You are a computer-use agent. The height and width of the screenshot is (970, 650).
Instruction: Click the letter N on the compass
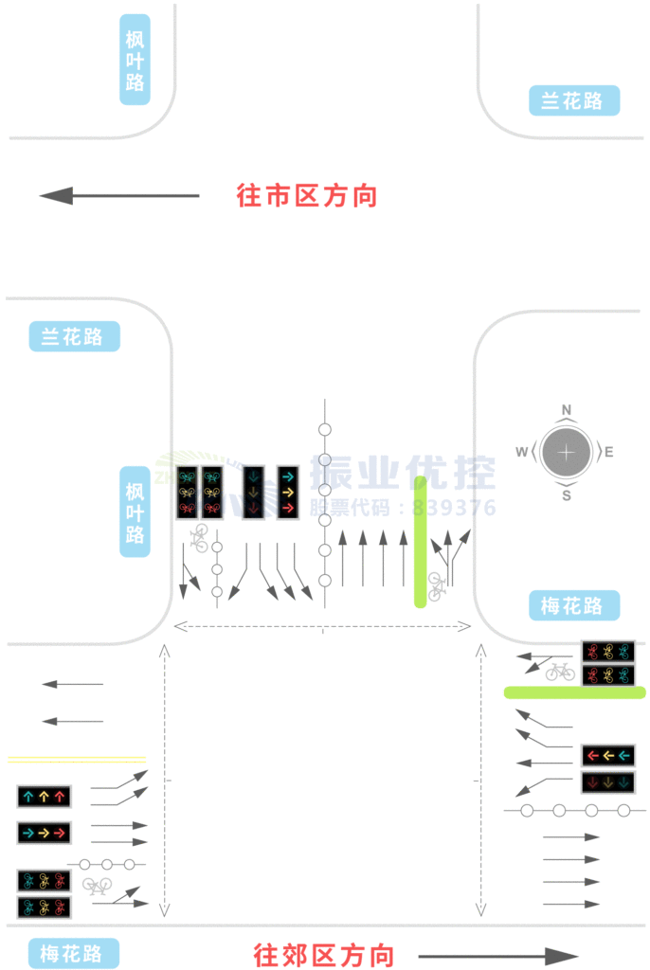[567, 410]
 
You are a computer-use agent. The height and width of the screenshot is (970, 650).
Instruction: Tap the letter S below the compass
[567, 494]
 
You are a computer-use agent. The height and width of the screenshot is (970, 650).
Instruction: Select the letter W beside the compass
[521, 453]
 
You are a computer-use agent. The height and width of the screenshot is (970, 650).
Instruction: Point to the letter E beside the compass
[609, 453]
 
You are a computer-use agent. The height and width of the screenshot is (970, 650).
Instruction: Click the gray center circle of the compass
[567, 452]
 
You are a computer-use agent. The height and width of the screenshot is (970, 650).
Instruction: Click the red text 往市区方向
[307, 196]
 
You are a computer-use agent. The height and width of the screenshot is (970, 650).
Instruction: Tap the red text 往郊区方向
[324, 955]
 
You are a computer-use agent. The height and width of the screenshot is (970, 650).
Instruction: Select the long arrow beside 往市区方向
[119, 196]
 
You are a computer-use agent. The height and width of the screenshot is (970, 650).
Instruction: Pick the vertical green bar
[420, 542]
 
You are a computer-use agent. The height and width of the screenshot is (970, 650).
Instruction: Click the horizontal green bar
[574, 692]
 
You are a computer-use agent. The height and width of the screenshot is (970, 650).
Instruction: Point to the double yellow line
[76, 760]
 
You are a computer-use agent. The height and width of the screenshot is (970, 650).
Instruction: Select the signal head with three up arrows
[44, 797]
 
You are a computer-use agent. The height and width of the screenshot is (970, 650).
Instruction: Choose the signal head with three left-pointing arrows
[607, 755]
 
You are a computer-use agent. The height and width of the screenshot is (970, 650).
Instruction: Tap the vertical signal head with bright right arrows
[288, 492]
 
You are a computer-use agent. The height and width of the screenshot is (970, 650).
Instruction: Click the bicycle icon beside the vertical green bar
[436, 586]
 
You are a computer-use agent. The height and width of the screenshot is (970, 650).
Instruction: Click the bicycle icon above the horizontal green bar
[560, 672]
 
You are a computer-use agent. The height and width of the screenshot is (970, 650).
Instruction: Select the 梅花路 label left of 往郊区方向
[73, 953]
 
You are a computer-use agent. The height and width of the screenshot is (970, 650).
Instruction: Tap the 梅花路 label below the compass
[573, 605]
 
